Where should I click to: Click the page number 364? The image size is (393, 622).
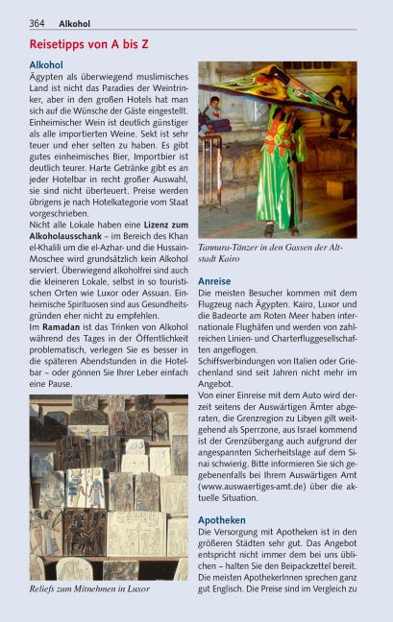click(37, 23)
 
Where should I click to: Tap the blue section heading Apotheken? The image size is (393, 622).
click(221, 519)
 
